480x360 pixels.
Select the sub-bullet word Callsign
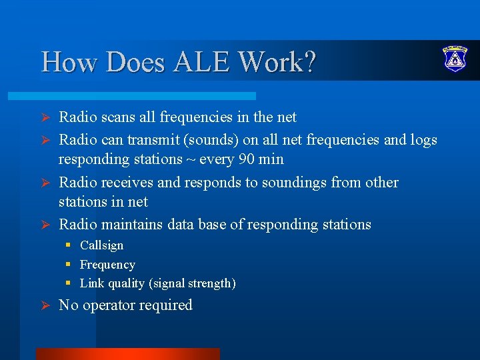pos(101,245)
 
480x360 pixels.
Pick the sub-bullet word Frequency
pos(107,265)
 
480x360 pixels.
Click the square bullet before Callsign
pos(68,245)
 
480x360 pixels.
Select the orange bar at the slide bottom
pos(127,353)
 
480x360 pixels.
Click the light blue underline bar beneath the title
pos(147,96)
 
